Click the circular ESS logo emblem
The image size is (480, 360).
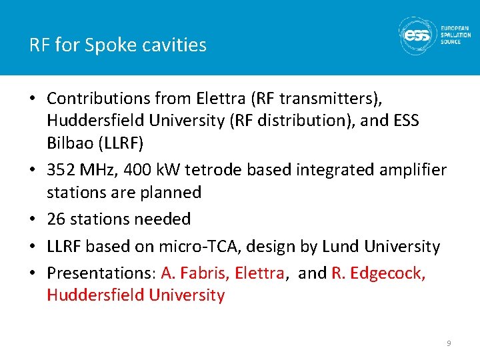[417, 35]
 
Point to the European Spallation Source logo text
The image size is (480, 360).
[456, 35]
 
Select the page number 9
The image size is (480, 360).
[449, 343]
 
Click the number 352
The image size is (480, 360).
[62, 170]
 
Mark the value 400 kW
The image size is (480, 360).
[152, 170]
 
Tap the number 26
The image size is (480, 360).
[57, 219]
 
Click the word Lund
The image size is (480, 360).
[340, 247]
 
